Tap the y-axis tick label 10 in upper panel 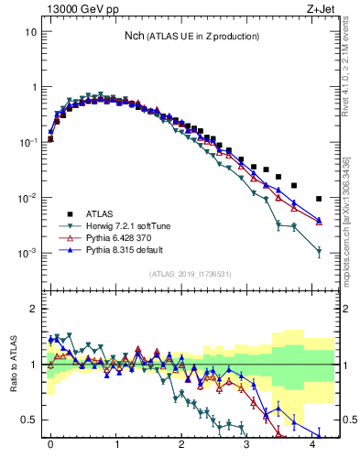30,31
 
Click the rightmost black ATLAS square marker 319,198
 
